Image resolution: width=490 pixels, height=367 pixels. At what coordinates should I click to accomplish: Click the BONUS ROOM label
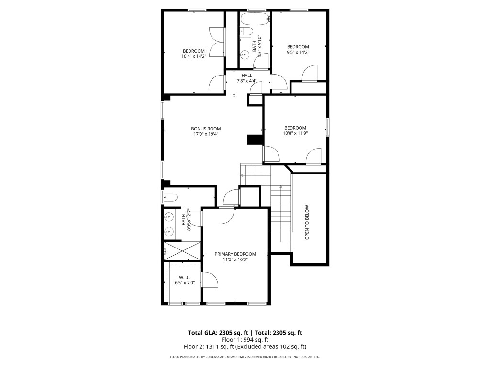[206, 129]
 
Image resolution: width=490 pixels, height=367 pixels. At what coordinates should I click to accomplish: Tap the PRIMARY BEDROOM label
[235, 254]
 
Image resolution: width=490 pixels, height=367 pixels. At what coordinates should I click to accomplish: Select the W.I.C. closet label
[185, 277]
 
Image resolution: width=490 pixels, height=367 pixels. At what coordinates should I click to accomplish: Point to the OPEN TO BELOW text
[307, 222]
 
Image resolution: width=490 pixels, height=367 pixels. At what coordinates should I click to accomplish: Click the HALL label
[246, 76]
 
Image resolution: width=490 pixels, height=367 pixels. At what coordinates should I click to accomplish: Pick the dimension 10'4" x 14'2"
[193, 57]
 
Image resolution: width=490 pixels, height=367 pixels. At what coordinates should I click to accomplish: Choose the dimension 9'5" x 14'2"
[298, 53]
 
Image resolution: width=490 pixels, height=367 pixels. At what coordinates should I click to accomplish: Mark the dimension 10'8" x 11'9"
[295, 133]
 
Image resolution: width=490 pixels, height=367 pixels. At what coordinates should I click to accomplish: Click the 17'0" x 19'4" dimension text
[206, 134]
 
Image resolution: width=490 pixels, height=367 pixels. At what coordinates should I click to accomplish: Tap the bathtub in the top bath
[255, 20]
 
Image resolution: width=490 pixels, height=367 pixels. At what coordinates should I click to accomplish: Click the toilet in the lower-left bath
[171, 197]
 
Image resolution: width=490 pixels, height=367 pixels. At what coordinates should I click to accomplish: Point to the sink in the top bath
[245, 54]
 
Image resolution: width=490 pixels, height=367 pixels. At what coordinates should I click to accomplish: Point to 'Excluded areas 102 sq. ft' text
[276, 347]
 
